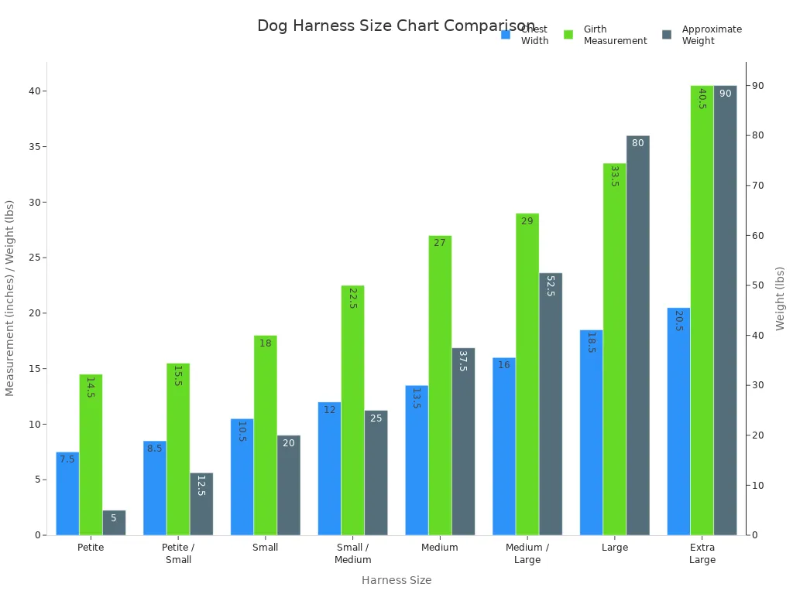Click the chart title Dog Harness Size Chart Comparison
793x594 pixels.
pos(396,26)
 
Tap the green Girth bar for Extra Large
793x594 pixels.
pos(702,309)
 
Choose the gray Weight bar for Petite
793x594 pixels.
pos(114,522)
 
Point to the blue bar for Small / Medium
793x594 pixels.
pos(329,468)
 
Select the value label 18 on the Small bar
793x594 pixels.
pos(266,343)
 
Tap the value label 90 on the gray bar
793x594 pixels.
pos(726,94)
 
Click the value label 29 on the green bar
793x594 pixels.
pos(527,221)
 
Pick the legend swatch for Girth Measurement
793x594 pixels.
pos(568,35)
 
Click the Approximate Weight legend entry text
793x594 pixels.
pos(711,35)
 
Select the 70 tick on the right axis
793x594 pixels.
pos(760,186)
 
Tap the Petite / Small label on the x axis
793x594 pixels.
pos(178,553)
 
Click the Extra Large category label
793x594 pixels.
pos(702,553)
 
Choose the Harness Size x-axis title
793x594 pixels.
pos(396,580)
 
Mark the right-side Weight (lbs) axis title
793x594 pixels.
pos(780,299)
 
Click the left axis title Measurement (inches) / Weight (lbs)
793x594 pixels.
pos(10,299)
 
